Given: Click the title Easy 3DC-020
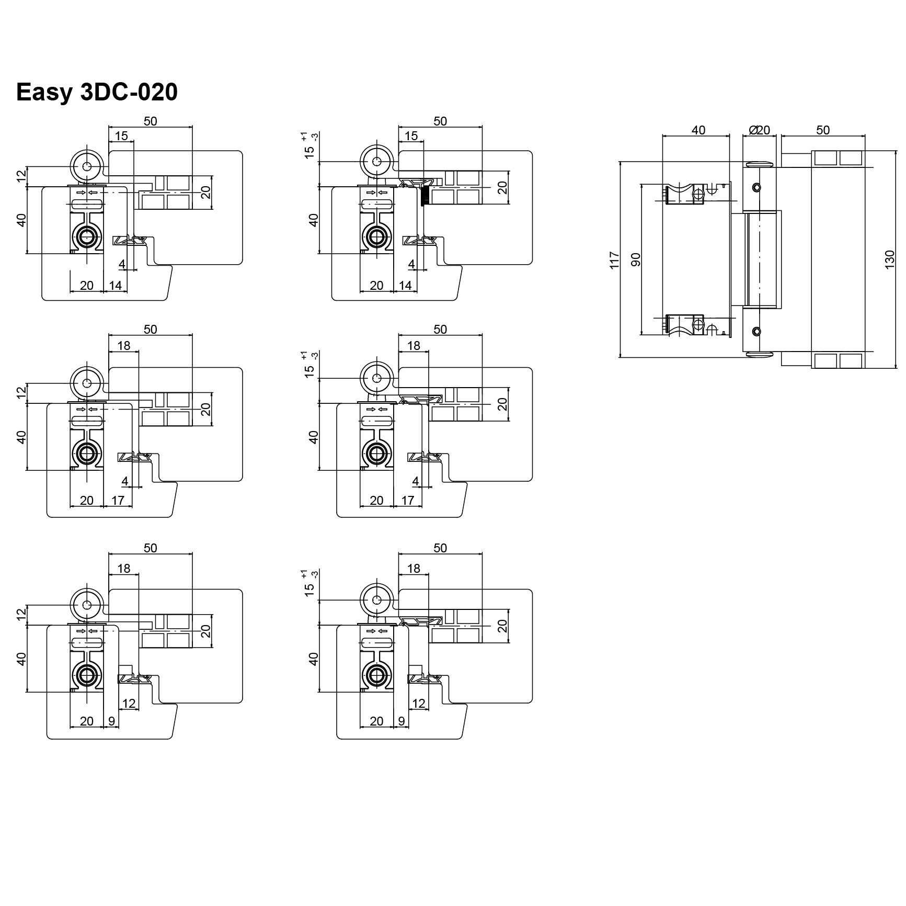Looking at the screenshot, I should [97, 92].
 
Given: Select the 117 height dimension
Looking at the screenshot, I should [614, 260].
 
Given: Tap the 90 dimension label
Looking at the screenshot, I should [636, 259].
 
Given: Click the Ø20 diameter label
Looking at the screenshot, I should [760, 130].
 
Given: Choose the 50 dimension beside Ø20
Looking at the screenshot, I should [822, 130].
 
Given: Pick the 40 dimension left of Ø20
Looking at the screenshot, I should [698, 130].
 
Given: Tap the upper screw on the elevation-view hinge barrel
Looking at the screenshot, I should [756, 187].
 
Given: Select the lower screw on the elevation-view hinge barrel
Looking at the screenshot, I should [756, 331].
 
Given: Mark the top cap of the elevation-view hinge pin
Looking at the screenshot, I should [760, 164].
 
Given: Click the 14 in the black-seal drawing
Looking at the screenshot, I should [405, 286].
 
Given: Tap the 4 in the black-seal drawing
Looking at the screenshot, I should [411, 265].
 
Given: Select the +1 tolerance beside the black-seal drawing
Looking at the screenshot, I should [305, 135].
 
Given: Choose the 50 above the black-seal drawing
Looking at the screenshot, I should [440, 121].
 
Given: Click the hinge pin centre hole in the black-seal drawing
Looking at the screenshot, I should [376, 161].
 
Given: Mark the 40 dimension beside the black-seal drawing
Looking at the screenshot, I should [313, 220].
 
